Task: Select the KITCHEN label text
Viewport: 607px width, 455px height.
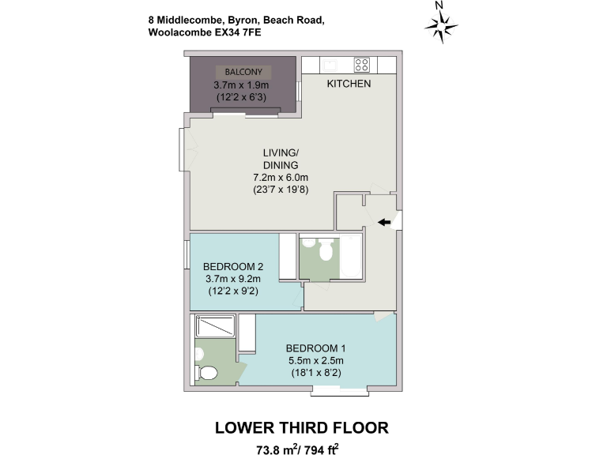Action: pyautogui.click(x=349, y=84)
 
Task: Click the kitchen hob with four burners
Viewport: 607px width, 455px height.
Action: pyautogui.click(x=362, y=65)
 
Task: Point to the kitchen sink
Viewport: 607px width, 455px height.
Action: pyautogui.click(x=330, y=65)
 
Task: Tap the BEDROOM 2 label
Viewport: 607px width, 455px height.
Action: pyautogui.click(x=232, y=266)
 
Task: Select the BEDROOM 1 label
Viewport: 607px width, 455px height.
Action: pyautogui.click(x=315, y=348)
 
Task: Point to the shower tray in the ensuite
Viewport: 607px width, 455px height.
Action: pyautogui.click(x=215, y=326)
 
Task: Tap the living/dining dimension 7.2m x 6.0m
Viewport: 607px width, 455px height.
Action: pyautogui.click(x=281, y=178)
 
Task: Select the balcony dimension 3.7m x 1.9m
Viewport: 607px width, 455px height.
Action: pyautogui.click(x=243, y=85)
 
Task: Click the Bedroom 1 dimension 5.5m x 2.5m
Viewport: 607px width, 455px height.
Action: pyautogui.click(x=315, y=361)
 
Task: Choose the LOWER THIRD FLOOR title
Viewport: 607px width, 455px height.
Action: pyautogui.click(x=302, y=427)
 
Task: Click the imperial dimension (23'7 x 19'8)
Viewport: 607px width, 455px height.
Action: pyautogui.click(x=281, y=190)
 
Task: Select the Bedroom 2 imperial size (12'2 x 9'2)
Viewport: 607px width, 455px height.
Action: pyautogui.click(x=232, y=291)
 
